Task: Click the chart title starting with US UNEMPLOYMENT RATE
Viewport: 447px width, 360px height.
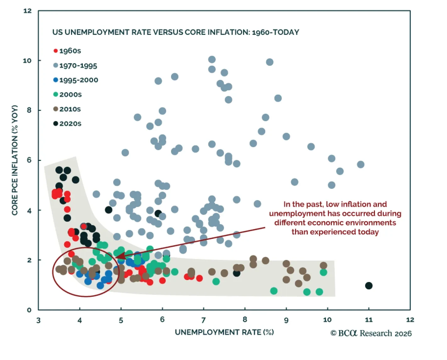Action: [176, 32]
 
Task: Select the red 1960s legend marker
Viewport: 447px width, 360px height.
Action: [55, 51]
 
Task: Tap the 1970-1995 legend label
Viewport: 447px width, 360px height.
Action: [78, 66]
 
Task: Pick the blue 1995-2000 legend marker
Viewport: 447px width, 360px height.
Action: [55, 80]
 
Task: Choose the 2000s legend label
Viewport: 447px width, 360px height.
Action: [70, 95]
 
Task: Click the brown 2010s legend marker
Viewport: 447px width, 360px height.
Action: [55, 109]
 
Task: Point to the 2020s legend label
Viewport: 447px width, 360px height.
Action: [70, 124]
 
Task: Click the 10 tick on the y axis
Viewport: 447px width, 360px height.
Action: [27, 60]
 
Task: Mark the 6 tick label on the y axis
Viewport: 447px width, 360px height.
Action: [29, 160]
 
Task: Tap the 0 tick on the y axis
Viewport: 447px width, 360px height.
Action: [29, 310]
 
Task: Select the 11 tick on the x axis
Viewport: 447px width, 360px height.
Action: [369, 320]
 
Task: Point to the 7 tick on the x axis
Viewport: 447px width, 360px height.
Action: [204, 320]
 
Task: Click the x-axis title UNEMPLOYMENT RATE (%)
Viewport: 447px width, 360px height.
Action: [224, 332]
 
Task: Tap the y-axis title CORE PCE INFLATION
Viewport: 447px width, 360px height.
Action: [15, 160]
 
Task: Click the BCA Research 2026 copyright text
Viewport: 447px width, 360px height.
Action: [371, 333]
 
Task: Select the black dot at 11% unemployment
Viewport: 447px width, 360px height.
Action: [369, 286]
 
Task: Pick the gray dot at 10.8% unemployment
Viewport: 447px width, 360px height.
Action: [360, 164]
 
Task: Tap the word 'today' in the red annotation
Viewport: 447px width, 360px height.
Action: [368, 232]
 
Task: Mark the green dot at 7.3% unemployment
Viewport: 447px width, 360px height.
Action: [216, 281]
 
